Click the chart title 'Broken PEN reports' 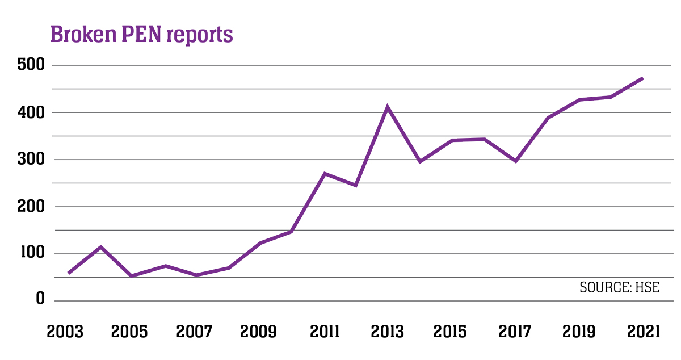coord(141,34)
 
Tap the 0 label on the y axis coord(40,299)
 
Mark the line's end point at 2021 coord(642,78)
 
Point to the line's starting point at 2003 coord(69,273)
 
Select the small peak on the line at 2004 coord(100,247)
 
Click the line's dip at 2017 coord(515,161)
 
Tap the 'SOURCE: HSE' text coord(619,287)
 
